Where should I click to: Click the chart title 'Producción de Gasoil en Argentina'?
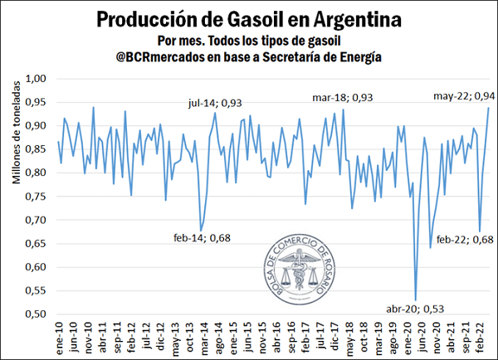tap(249, 18)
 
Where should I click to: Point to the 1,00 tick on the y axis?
tap(39, 79)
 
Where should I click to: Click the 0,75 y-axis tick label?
tap(39, 197)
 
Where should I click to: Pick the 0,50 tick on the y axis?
tap(39, 315)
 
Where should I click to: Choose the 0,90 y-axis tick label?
tap(39, 126)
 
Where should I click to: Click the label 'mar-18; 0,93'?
tap(342, 97)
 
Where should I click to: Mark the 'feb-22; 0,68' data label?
tap(463, 240)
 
